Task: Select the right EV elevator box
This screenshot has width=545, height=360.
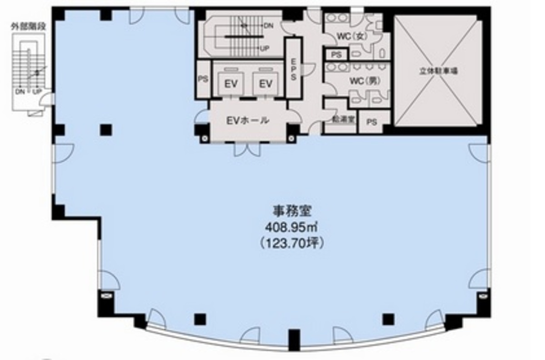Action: (x=265, y=83)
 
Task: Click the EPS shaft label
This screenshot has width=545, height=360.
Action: (x=294, y=69)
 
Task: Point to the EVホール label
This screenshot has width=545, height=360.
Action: (x=248, y=121)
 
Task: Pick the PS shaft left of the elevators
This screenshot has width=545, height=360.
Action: (x=203, y=79)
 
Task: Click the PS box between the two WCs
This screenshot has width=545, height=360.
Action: (x=336, y=55)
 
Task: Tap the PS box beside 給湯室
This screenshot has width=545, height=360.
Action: (x=372, y=122)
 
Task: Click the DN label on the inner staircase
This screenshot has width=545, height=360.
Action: (x=268, y=26)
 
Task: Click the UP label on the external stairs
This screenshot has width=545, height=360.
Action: (x=36, y=92)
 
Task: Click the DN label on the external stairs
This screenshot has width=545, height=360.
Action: (x=20, y=92)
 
